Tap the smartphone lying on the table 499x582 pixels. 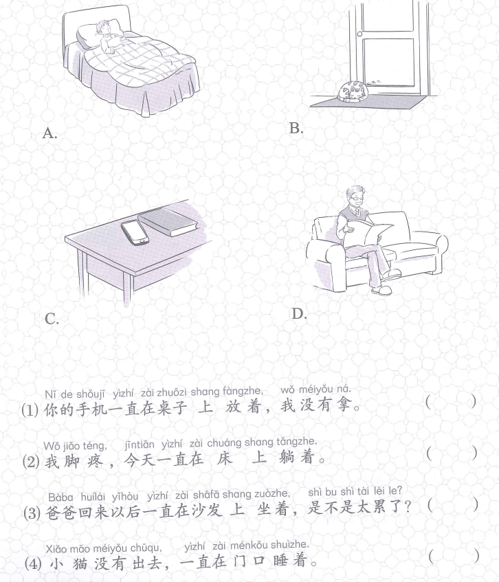[135, 232]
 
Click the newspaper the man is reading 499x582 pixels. [368, 234]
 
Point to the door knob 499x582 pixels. [359, 34]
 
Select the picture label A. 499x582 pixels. [49, 133]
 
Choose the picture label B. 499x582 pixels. [296, 128]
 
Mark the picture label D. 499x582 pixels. [299, 314]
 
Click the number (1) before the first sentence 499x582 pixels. [30, 410]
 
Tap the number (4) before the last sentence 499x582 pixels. [33, 564]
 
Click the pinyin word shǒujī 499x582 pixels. [90, 394]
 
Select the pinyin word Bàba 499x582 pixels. [60, 497]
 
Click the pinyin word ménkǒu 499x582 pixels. [248, 546]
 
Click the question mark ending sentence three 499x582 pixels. [408, 506]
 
